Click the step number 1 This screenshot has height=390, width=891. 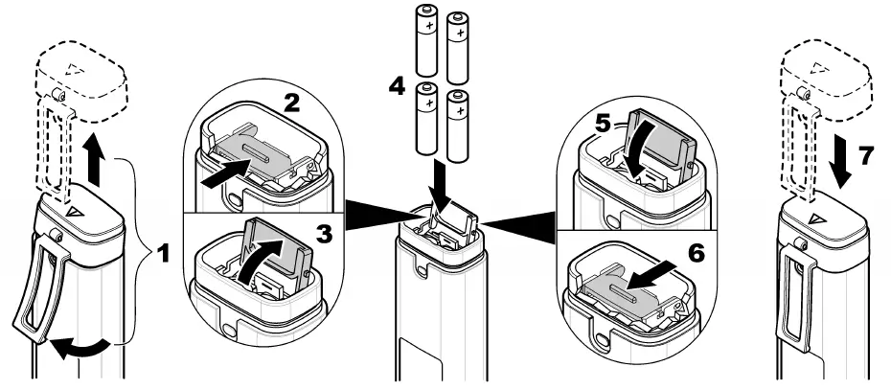pyautogui.click(x=163, y=256)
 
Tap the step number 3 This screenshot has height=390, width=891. pyautogui.click(x=326, y=232)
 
